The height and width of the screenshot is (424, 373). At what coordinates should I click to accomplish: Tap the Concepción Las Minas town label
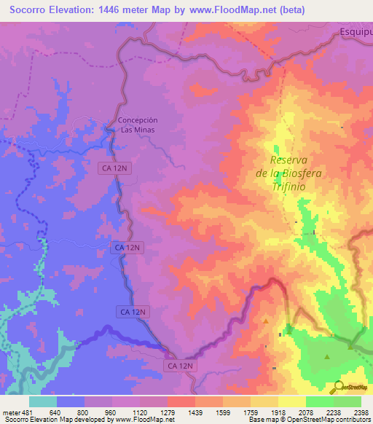pos(138,125)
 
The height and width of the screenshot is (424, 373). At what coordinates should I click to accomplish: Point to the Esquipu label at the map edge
pos(356,32)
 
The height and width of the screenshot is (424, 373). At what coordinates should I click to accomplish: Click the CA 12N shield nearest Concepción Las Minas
pos(114,168)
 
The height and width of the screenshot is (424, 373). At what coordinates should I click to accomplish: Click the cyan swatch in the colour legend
pos(43,401)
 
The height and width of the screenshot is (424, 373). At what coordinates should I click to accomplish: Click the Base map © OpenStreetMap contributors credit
pos(308,420)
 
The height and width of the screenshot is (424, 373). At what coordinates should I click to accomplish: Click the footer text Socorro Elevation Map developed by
pos(51,420)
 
